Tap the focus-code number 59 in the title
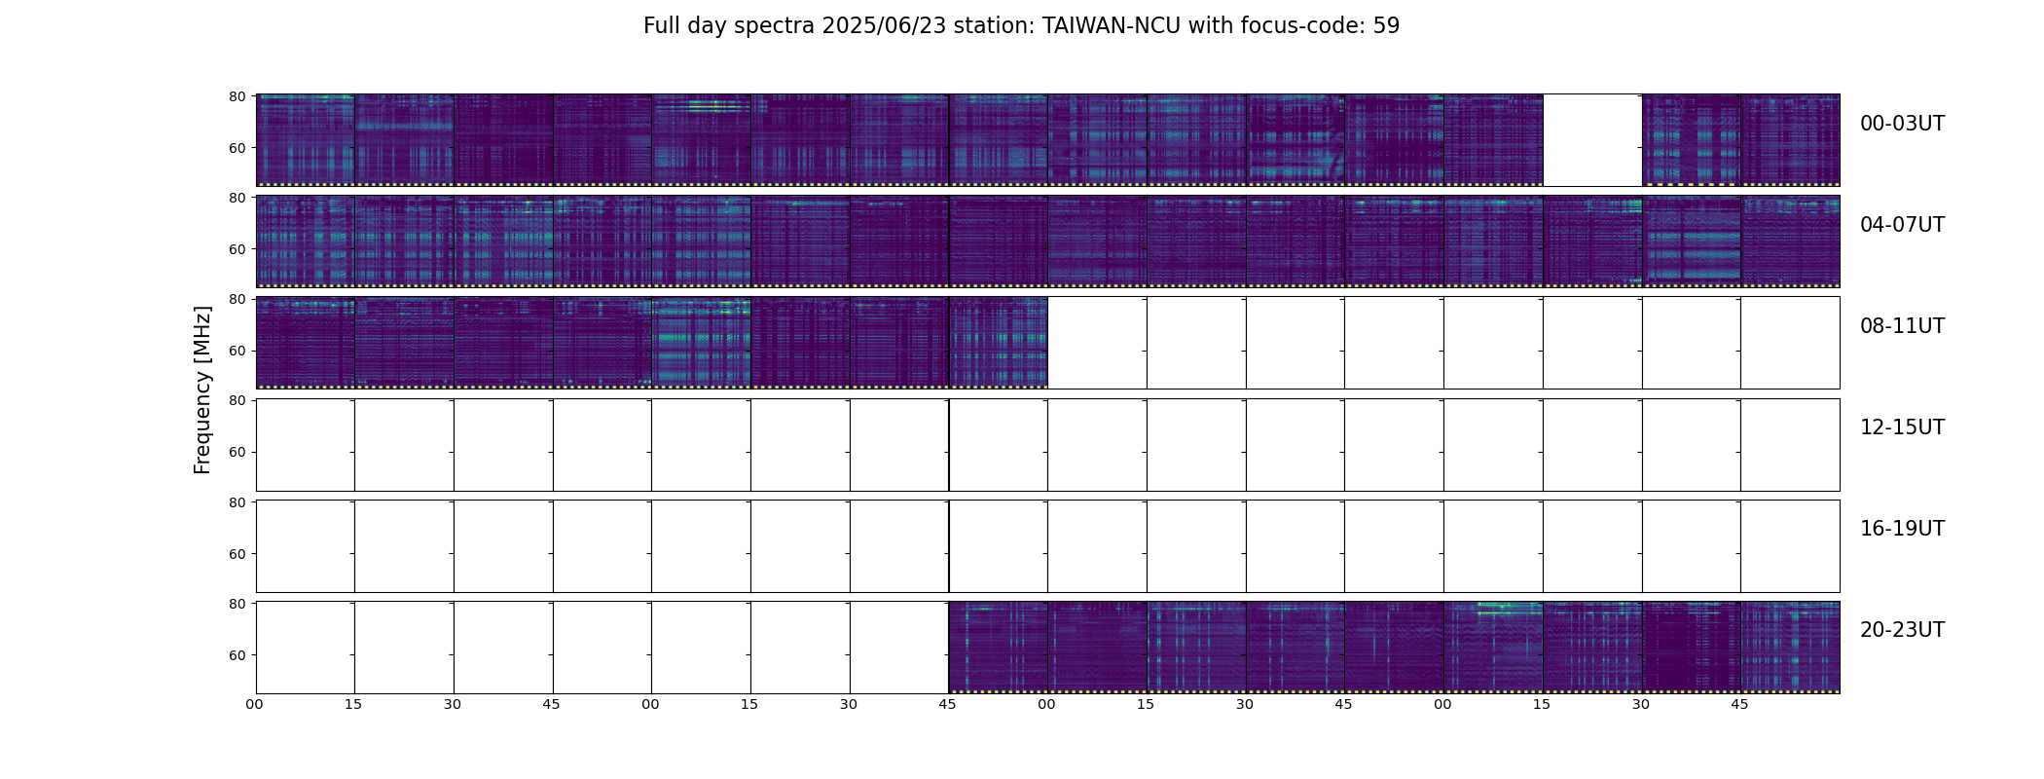[x=1386, y=26]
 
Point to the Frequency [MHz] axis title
[x=202, y=389]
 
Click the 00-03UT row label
[x=1902, y=124]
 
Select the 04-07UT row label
[x=1902, y=225]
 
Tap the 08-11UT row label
[x=1902, y=326]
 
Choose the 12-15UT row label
[x=1902, y=427]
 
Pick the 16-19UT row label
[x=1902, y=529]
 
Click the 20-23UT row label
[x=1902, y=630]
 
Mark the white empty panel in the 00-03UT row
[x=1592, y=140]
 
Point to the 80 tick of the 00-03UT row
[x=237, y=96]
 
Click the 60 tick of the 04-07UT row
[x=237, y=249]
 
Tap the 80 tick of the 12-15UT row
[x=237, y=400]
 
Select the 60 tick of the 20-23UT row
[x=237, y=655]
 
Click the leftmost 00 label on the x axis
[x=254, y=704]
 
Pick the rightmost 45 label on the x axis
[x=1739, y=704]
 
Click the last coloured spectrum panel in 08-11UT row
[x=999, y=343]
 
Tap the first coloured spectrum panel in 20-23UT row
[x=999, y=648]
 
